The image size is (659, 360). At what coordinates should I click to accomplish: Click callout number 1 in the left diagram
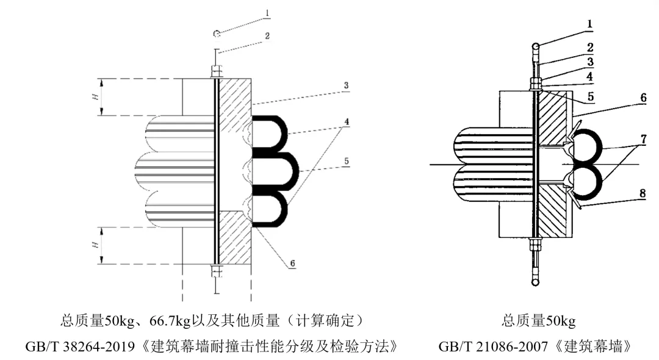pos(268,12)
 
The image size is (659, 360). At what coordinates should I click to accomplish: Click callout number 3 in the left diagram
pos(346,85)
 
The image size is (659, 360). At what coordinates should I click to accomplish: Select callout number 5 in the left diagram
pos(346,161)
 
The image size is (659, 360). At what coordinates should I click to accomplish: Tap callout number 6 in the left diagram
pos(292,263)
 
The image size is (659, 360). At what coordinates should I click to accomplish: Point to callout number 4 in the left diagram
pos(346,121)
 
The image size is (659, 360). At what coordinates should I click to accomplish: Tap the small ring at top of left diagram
pos(216,34)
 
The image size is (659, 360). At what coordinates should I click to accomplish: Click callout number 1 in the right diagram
pos(590,24)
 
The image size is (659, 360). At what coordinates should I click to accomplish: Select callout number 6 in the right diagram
pos(643,98)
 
